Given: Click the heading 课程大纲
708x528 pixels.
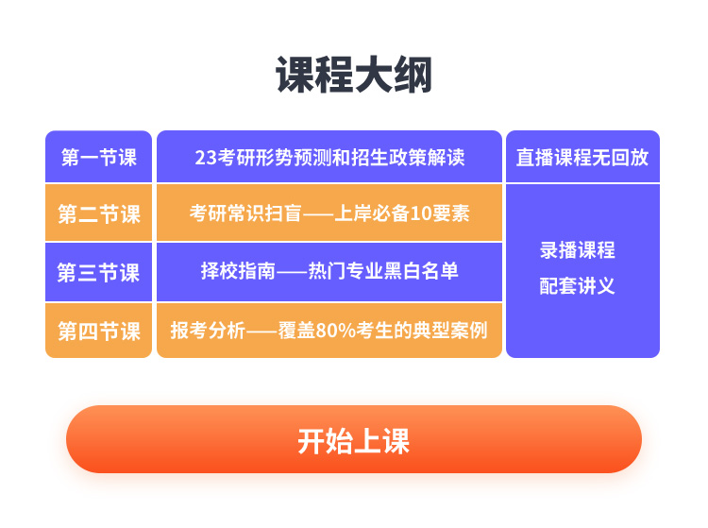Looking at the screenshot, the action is [x=354, y=75].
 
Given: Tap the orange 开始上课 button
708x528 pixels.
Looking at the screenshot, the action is [x=354, y=439].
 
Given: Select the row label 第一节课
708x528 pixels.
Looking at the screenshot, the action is [x=99, y=157].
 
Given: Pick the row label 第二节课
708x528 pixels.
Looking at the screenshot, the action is [x=99, y=213].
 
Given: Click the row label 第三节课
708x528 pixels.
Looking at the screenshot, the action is [x=98, y=273].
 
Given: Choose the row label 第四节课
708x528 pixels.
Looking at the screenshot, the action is [x=99, y=332].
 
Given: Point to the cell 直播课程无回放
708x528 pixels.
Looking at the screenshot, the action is [x=582, y=157].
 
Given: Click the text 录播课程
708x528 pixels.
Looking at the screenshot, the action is [x=578, y=250].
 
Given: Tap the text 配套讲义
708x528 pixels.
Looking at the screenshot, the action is [x=578, y=286].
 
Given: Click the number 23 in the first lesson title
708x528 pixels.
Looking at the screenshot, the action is [x=206, y=158].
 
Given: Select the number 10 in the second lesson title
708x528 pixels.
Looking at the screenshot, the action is [x=420, y=213].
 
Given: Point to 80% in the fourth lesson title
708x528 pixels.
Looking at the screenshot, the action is [x=335, y=331].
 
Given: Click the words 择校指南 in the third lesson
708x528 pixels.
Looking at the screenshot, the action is [x=238, y=271].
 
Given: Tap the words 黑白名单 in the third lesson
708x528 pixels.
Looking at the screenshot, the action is [x=421, y=271].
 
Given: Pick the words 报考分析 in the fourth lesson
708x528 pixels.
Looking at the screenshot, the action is [x=208, y=331].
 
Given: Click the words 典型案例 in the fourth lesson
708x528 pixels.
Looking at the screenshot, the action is [x=450, y=331].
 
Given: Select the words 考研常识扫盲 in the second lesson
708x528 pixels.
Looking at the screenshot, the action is [x=245, y=213].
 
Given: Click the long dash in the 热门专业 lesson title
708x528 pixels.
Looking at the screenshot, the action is [x=292, y=272].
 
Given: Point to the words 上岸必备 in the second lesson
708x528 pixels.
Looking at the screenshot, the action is [x=372, y=213].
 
